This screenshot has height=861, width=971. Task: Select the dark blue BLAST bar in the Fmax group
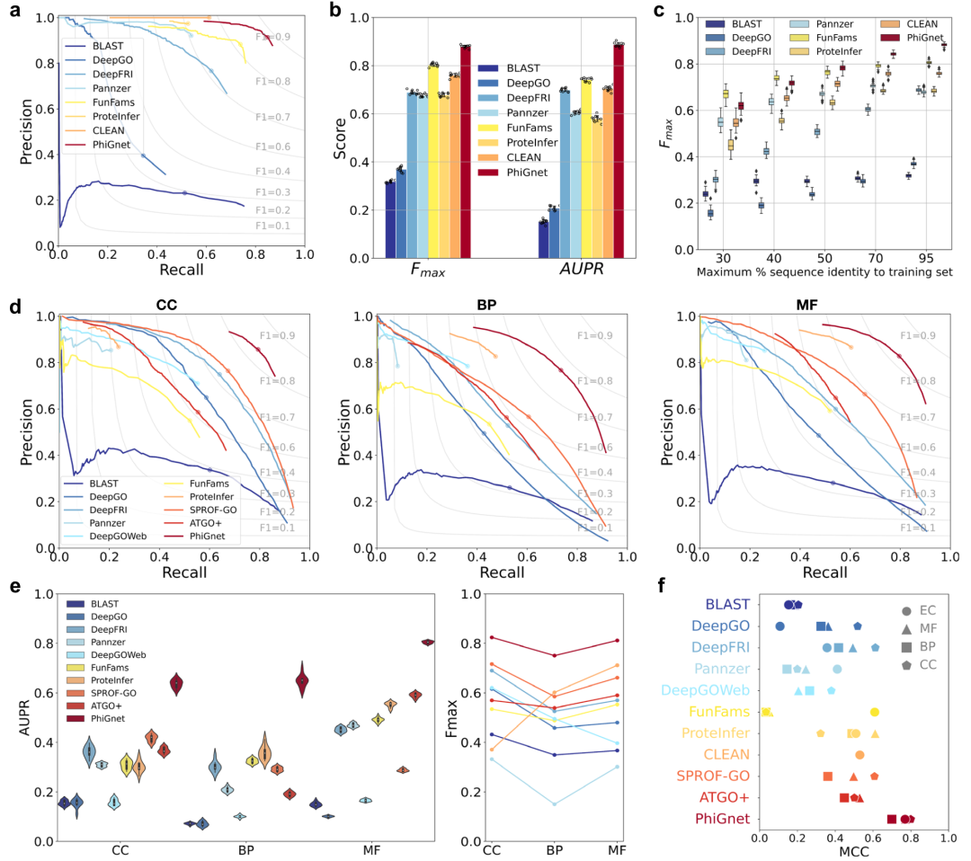pos(390,219)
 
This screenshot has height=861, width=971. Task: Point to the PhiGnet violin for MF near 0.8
pos(427,642)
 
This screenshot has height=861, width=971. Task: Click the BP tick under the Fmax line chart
pos(554,849)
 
